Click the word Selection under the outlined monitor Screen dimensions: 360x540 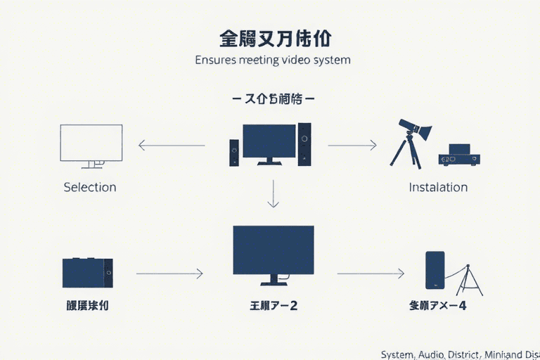[89, 187]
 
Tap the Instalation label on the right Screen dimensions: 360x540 [438, 187]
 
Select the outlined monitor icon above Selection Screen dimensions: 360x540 [91, 145]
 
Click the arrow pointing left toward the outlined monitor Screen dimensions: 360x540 [172, 146]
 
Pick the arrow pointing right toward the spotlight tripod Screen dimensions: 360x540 [352, 146]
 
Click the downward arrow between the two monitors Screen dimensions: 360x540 [274, 193]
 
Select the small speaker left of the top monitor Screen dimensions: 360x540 [234, 153]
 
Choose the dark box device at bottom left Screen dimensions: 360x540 [87, 272]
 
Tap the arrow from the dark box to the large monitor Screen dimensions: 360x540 [169, 273]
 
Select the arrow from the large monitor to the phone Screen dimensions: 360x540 [371, 273]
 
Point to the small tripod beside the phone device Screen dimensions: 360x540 [469, 278]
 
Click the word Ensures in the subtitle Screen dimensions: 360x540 [215, 60]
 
